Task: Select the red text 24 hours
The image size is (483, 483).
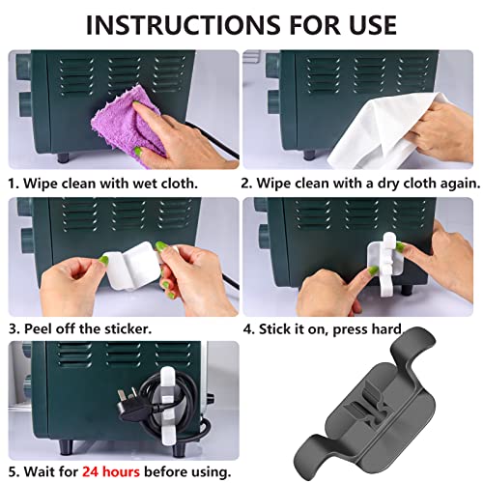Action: [111, 471]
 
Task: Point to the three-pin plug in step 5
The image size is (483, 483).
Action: [135, 409]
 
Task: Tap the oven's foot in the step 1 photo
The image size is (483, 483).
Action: [63, 157]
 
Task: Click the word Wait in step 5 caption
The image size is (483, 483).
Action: [39, 471]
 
